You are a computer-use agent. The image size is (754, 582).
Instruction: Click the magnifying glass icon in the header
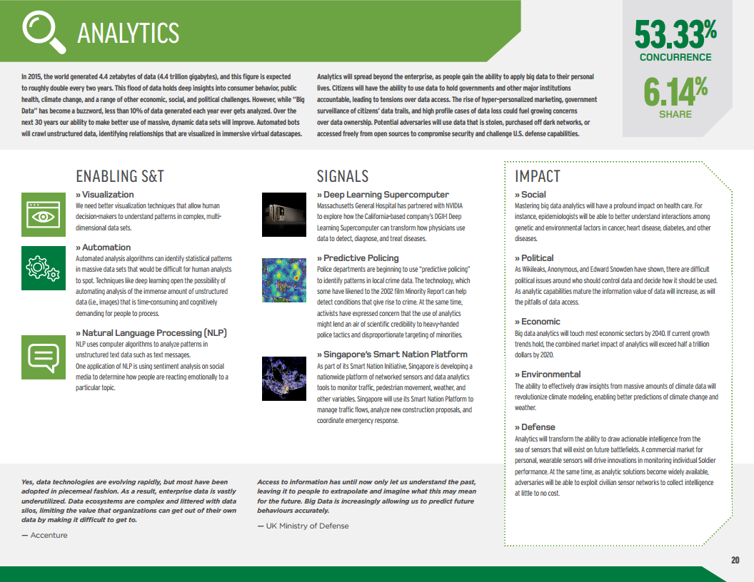(42, 32)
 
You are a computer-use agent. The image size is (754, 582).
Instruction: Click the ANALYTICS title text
(128, 33)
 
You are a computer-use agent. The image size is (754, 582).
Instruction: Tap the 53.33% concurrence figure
(675, 32)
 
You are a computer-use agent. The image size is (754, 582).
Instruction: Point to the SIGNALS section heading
(343, 176)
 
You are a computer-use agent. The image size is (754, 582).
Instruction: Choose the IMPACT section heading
(538, 176)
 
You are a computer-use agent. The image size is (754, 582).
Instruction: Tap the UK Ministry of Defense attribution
(303, 526)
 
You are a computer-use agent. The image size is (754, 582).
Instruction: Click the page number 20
(735, 560)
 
